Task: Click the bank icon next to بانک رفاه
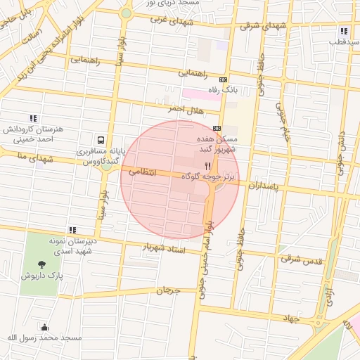pyautogui.click(x=224, y=79)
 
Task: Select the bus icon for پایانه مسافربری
pyautogui.click(x=102, y=139)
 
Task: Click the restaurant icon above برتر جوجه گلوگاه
pyautogui.click(x=207, y=166)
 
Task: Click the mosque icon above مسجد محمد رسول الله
pyautogui.click(x=45, y=327)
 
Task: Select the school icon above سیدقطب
pyautogui.click(x=344, y=31)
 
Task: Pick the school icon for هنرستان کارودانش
pyautogui.click(x=32, y=119)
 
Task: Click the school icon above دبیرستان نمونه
pyautogui.click(x=72, y=229)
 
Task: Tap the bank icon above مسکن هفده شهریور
pyautogui.click(x=217, y=128)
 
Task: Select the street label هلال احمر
pyautogui.click(x=184, y=110)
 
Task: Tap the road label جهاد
pyautogui.click(x=289, y=318)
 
